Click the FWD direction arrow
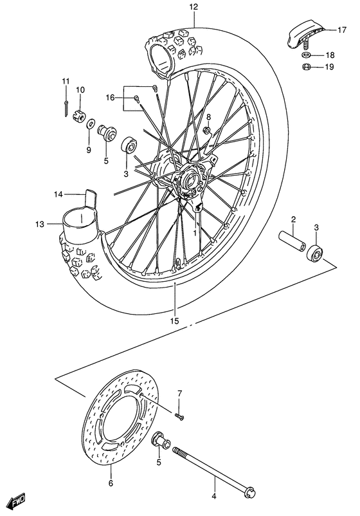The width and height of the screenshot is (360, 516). [x=15, y=499]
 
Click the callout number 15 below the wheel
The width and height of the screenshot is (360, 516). [x=175, y=320]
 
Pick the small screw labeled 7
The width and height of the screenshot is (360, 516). [x=180, y=417]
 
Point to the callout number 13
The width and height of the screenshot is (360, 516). [x=39, y=224]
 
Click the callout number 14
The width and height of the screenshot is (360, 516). [x=58, y=194]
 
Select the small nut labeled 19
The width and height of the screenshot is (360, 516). [x=308, y=67]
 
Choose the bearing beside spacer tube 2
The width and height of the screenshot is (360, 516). [x=316, y=252]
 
